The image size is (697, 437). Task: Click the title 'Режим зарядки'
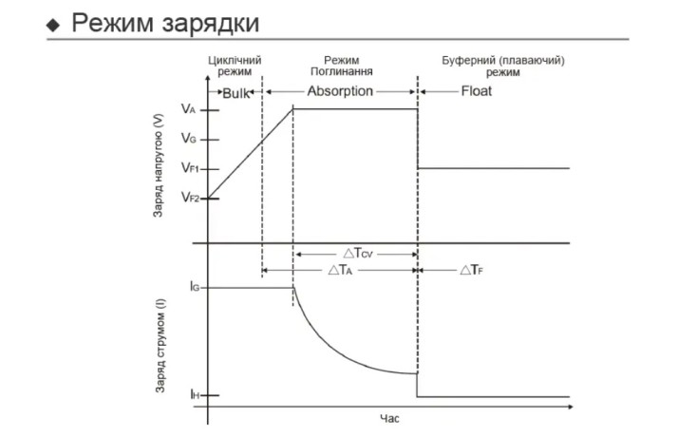point(165,24)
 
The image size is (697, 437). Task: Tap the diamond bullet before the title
point(53,25)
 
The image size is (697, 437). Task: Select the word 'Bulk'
point(235,93)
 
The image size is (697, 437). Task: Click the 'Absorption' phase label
point(340,91)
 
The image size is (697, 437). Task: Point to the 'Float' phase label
point(476,91)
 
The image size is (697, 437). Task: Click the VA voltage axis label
point(188,109)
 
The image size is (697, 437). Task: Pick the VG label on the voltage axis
point(188,139)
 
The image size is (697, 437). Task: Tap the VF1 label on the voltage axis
point(190,167)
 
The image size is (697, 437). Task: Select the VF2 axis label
point(190,197)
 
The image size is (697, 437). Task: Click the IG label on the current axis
point(195,287)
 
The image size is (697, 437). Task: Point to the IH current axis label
point(195,394)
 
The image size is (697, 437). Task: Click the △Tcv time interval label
point(358,254)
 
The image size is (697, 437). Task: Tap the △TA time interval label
point(340,270)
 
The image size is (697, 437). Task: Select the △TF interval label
point(472,270)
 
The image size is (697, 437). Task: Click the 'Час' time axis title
point(389,418)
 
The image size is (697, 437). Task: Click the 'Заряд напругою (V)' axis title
point(158,166)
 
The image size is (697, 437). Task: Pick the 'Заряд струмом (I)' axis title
point(160,347)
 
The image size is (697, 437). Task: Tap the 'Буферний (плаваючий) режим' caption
point(502,66)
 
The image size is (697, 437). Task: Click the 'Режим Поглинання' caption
point(342,66)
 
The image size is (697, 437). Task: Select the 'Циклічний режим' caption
point(235,66)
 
